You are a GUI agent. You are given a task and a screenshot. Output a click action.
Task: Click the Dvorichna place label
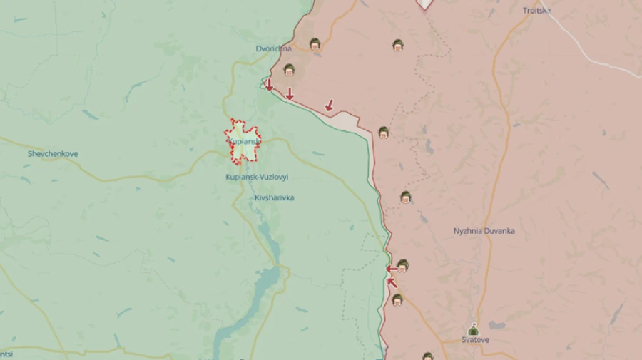coord(274,49)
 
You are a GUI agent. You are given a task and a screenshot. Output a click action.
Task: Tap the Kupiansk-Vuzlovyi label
coord(257,177)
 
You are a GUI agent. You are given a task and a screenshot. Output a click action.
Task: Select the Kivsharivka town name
coord(274,197)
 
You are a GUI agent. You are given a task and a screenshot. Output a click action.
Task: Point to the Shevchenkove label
coord(53,154)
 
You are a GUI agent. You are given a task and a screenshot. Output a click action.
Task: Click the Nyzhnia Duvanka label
coord(484,231)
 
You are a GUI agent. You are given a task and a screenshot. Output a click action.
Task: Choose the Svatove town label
coord(475,340)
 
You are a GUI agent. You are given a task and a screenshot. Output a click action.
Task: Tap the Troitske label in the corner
coord(536,10)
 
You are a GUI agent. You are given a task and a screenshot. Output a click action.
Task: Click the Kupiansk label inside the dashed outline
coord(245,141)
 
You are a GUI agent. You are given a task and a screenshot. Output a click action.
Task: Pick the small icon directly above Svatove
coord(473,329)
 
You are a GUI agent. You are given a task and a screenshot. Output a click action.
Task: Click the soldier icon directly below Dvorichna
coord(289,70)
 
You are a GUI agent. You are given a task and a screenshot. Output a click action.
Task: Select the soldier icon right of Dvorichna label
coord(315,44)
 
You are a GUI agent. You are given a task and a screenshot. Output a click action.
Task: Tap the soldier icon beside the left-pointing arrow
coord(403,266)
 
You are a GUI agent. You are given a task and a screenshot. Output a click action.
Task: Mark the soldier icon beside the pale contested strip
coord(383,132)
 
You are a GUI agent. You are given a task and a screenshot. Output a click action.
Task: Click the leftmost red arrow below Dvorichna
coord(269,86)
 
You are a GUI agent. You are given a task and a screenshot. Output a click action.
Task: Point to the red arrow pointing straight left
coord(392,269)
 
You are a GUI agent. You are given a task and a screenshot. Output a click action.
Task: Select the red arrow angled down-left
coord(329,105)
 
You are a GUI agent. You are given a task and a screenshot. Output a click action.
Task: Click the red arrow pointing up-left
coord(392,282)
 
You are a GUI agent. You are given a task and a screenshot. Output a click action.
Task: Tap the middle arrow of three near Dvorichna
coord(290,93)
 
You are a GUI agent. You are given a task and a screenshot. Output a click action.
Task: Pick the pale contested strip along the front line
coord(350,121)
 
